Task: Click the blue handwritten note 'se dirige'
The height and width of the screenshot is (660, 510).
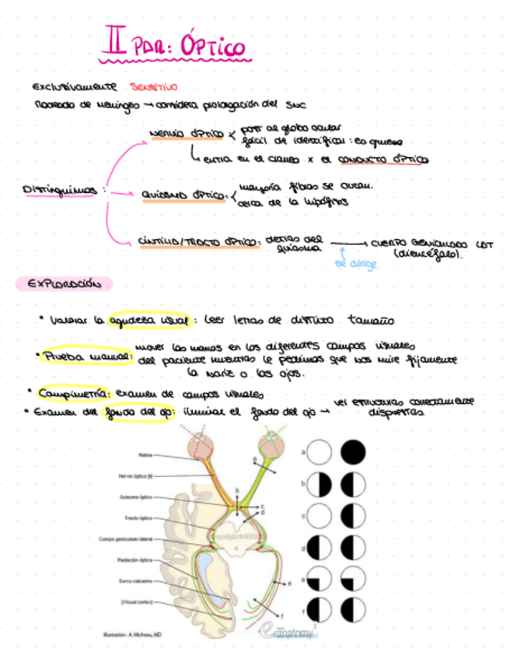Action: click(x=356, y=264)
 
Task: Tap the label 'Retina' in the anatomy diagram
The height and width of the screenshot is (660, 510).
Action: click(x=145, y=455)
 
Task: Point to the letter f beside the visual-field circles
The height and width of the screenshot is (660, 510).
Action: click(x=302, y=609)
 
